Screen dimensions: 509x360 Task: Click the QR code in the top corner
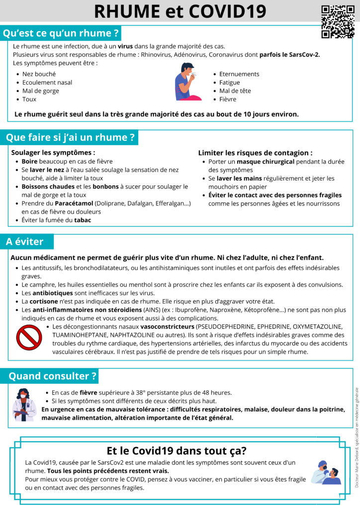pyautogui.click(x=338, y=21)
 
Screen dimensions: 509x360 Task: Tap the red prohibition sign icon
pyautogui.click(x=29, y=337)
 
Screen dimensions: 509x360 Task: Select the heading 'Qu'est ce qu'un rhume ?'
pyautogui.click(x=61, y=34)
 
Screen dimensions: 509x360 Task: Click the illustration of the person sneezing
pyautogui.click(x=187, y=82)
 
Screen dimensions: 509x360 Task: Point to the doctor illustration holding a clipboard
pyautogui.click(x=24, y=405)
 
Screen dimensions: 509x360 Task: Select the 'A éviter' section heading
pyautogui.click(x=25, y=242)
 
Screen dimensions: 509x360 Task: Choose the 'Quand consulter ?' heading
pyautogui.click(x=52, y=376)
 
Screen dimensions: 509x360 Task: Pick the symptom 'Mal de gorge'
pyautogui.click(x=41, y=91)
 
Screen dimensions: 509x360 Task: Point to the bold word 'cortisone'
pyautogui.click(x=43, y=301)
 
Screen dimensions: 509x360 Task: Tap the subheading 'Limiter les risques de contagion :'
pyautogui.click(x=255, y=153)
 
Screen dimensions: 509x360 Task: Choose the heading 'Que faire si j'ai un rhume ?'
pyautogui.click(x=70, y=137)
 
